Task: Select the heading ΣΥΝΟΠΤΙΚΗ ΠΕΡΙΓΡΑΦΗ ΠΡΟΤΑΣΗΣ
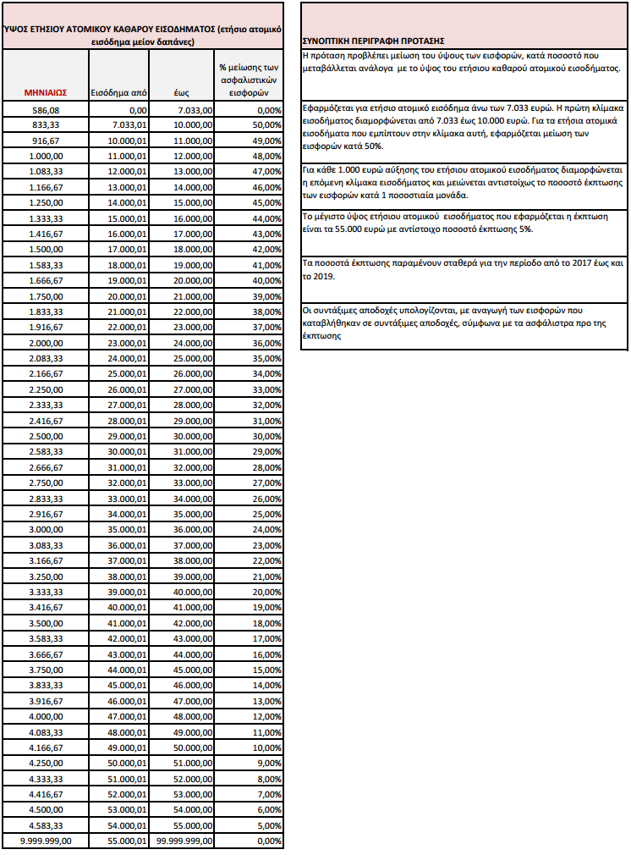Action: point(374,41)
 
